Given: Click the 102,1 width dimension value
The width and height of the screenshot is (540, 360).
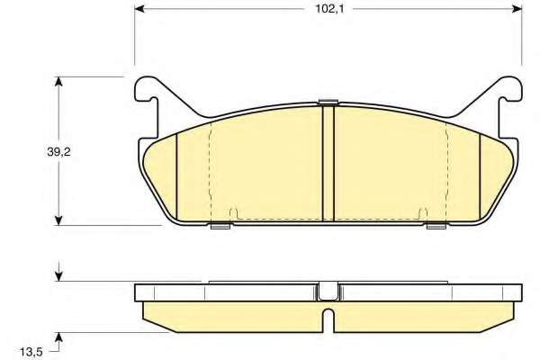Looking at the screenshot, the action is point(330,9).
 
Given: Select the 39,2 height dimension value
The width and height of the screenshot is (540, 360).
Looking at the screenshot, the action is point(58,151).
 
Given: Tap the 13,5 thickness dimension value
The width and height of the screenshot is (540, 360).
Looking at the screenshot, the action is point(31,352).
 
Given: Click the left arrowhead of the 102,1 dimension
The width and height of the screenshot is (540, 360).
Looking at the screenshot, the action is point(139,9).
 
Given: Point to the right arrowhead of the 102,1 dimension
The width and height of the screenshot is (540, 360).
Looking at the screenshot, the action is point(517,9).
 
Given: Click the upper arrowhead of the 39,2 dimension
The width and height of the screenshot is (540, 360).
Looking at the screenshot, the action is point(58,82).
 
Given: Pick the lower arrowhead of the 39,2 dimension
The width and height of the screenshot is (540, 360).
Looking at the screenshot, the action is point(58,220).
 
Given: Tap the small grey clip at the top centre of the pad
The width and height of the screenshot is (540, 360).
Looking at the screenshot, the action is point(328,102).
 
